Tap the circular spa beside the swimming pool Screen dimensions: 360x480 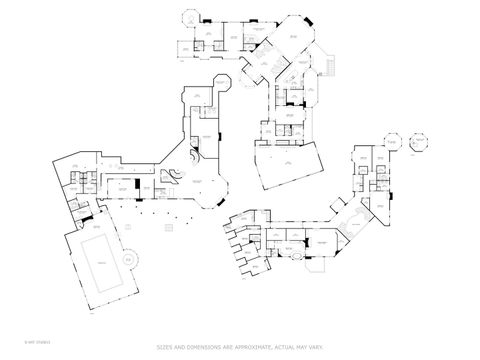128,259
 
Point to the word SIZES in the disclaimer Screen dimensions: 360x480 166,347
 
